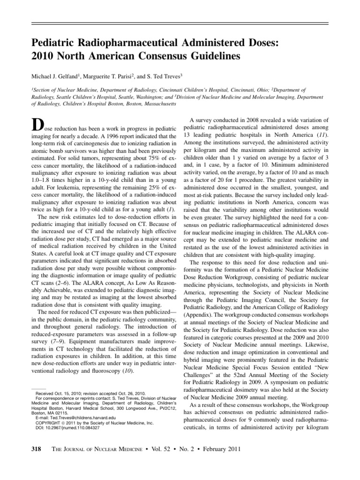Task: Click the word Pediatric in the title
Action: pos(52,43)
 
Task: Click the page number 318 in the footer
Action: pos(36,449)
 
